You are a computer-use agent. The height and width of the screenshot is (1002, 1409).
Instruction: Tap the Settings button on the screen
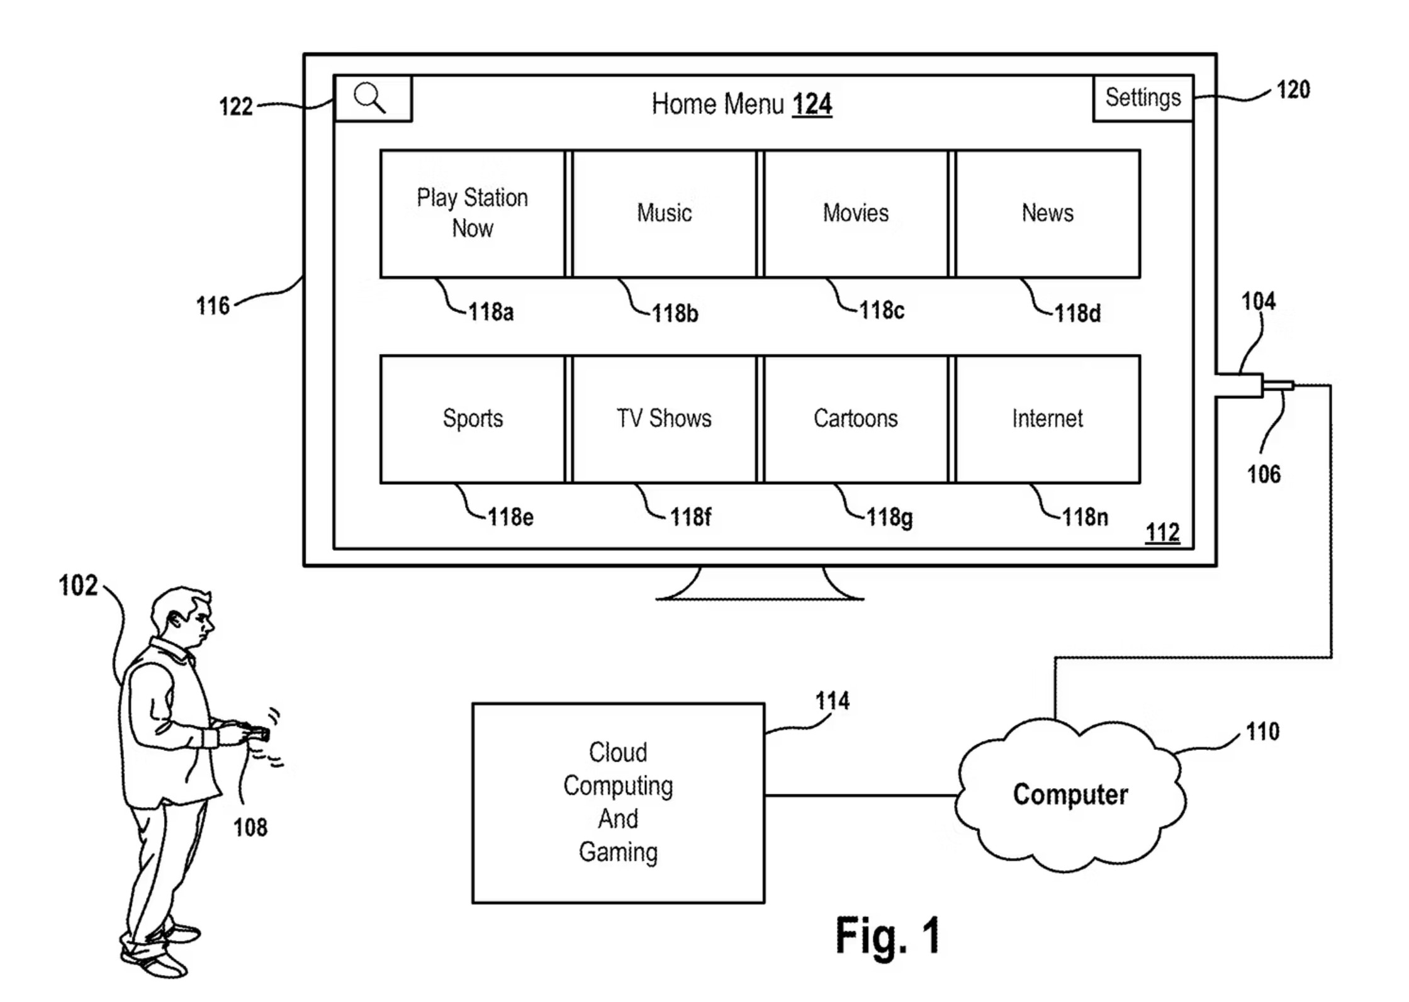tap(1143, 98)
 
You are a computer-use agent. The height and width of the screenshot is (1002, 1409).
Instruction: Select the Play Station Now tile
tap(473, 213)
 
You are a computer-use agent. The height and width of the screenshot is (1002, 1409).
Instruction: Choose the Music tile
tap(665, 213)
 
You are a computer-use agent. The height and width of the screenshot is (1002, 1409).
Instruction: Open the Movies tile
tap(856, 213)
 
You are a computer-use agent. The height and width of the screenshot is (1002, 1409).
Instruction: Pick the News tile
tap(1048, 213)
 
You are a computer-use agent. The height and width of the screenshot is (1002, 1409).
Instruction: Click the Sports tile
tap(473, 419)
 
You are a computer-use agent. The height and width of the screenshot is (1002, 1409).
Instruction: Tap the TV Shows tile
tap(665, 419)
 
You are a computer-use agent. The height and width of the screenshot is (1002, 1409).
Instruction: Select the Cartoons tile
tap(856, 419)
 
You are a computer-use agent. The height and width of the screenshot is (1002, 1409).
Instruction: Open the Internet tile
tap(1048, 419)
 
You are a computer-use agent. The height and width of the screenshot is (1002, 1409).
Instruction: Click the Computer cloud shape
tap(1070, 795)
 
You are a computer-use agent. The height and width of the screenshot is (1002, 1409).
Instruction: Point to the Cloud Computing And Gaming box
tap(618, 803)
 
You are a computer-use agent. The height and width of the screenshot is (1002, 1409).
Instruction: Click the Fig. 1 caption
tap(887, 935)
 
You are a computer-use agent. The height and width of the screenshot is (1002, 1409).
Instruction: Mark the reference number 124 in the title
tap(812, 104)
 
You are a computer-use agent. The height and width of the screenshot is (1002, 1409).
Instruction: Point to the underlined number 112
tap(1162, 533)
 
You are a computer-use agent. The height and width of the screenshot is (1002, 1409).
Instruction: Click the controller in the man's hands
tap(258, 733)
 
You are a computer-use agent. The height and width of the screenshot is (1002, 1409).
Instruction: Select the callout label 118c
tap(881, 311)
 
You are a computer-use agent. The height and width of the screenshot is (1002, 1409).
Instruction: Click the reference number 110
tap(1262, 732)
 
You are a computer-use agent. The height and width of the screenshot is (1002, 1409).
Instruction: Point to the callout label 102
tap(78, 586)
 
